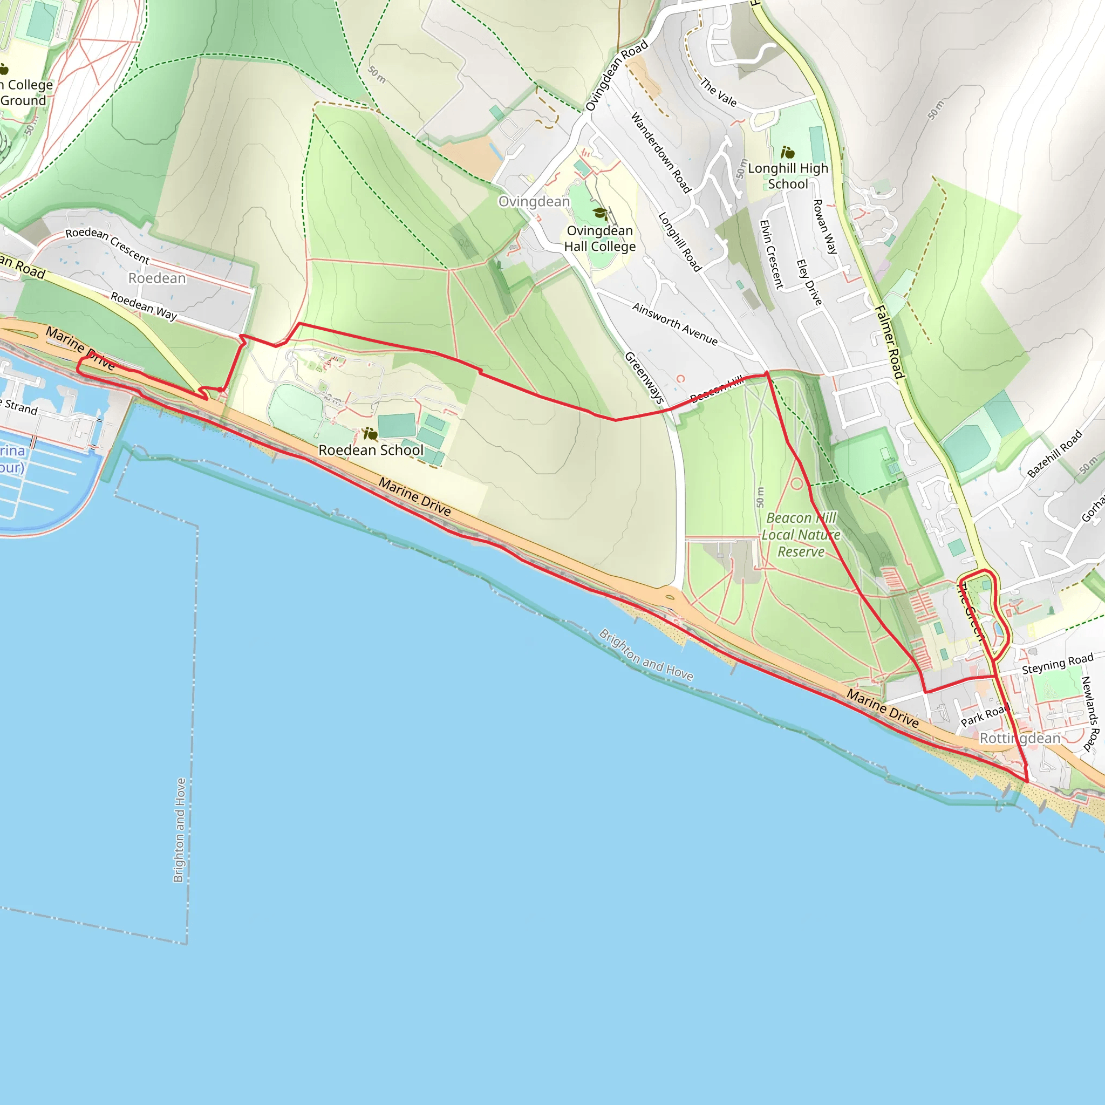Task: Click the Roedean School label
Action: point(371,450)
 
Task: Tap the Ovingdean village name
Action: point(534,201)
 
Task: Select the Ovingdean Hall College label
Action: point(599,238)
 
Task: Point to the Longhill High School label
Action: point(788,175)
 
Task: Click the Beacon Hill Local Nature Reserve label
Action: point(801,535)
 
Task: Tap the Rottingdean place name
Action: point(1020,739)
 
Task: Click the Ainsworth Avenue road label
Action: point(674,324)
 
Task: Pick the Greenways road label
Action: point(644,378)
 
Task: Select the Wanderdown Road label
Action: point(660,152)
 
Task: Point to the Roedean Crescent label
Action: point(107,245)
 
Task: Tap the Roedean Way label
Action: point(144,306)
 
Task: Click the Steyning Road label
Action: point(1058,664)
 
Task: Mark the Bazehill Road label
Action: point(1054,454)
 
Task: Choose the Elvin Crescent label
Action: point(770,254)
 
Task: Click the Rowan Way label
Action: point(825,226)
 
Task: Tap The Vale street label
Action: point(718,93)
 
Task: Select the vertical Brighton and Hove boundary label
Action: point(180,830)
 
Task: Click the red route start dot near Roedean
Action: point(220,390)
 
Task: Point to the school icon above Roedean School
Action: point(371,435)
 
